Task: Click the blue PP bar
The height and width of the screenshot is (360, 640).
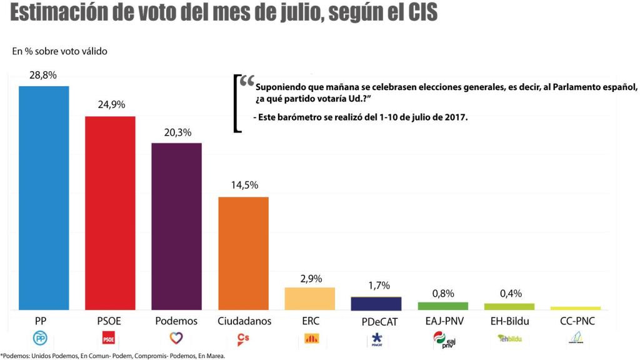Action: click(43, 197)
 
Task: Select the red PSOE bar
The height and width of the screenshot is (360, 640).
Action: click(110, 213)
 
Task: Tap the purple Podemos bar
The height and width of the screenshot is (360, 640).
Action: click(177, 226)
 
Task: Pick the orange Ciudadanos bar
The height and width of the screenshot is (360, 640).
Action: click(243, 253)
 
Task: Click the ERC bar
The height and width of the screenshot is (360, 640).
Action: click(310, 298)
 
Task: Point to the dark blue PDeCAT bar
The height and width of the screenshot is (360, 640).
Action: click(376, 303)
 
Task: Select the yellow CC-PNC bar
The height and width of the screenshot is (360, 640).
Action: click(576, 308)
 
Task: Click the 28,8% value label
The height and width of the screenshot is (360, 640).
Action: click(43, 75)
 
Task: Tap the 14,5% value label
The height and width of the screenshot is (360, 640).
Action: click(243, 186)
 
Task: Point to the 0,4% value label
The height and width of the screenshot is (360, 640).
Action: click(509, 293)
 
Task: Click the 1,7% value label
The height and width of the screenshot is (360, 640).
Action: click(376, 286)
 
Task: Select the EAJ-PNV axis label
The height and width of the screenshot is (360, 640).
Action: click(442, 321)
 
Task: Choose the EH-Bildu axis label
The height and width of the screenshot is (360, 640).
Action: click(509, 321)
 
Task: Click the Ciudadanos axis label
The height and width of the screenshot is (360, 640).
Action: click(243, 321)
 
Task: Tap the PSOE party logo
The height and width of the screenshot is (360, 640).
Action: click(109, 339)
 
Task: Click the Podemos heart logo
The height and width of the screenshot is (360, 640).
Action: click(176, 339)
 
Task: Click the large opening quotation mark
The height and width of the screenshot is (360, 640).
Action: click(247, 82)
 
